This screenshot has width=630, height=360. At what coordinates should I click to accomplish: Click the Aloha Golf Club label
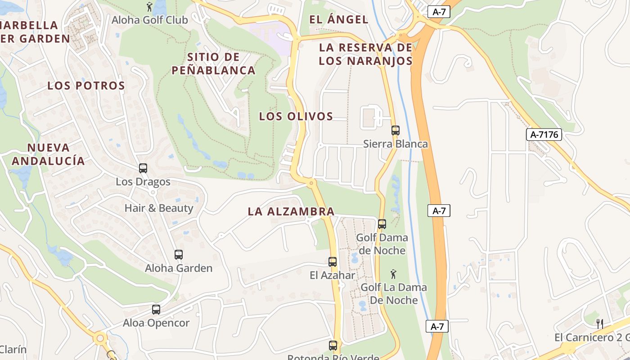pyautogui.click(x=150, y=20)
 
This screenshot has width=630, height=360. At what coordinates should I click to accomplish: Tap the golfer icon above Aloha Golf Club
pyautogui.click(x=150, y=7)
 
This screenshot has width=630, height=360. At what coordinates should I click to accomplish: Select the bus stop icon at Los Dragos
pyautogui.click(x=143, y=168)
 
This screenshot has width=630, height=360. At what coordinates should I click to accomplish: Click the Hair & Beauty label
pyautogui.click(x=159, y=208)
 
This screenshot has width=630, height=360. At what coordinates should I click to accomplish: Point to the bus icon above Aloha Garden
pyautogui.click(x=179, y=255)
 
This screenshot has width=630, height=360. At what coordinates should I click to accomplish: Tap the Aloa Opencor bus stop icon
pyautogui.click(x=156, y=310)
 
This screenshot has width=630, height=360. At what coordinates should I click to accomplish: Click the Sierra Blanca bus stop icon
pyautogui.click(x=396, y=130)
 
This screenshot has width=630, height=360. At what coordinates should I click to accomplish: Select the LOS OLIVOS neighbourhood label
pyautogui.click(x=296, y=116)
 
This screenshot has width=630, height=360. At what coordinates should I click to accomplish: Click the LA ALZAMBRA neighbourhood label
pyautogui.click(x=291, y=211)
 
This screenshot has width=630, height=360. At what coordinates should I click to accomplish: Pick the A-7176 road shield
pyautogui.click(x=544, y=134)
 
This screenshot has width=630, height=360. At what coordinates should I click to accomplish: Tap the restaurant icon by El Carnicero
pyautogui.click(x=599, y=324)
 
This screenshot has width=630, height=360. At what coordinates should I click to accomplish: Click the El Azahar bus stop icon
pyautogui.click(x=333, y=262)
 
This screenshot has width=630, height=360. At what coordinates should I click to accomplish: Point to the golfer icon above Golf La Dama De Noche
pyautogui.click(x=393, y=274)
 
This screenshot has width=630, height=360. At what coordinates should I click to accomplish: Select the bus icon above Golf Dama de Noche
pyautogui.click(x=382, y=224)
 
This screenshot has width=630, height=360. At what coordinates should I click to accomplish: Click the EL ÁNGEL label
pyautogui.click(x=339, y=19)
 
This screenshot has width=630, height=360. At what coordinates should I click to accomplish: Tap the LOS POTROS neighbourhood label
pyautogui.click(x=86, y=85)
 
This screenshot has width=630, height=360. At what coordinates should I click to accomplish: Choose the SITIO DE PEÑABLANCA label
pyautogui.click(x=214, y=63)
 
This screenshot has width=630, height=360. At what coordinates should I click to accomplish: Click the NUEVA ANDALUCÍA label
pyautogui.click(x=48, y=154)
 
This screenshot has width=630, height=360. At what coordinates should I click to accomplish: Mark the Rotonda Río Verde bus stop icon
pyautogui.click(x=333, y=346)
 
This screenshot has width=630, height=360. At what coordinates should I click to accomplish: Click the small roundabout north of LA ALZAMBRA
pyautogui.click(x=311, y=183)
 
